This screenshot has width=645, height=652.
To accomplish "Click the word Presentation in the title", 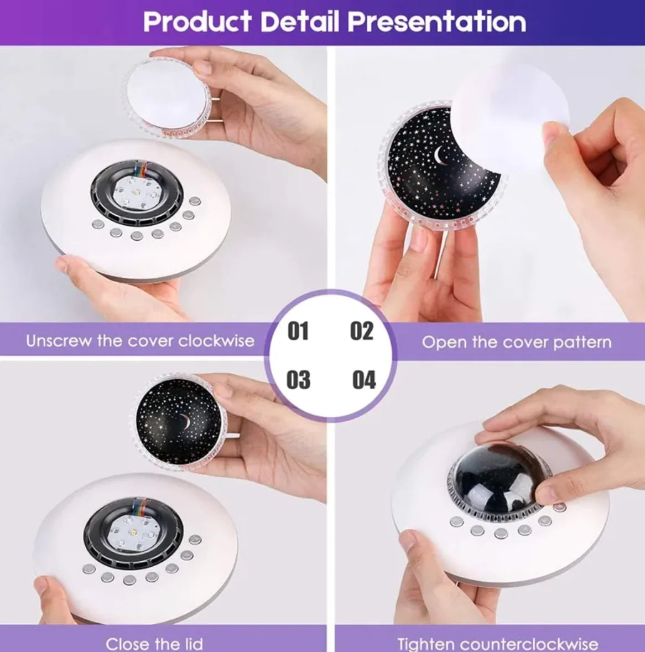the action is tap(437, 22).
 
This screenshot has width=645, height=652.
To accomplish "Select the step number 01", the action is tap(298, 332).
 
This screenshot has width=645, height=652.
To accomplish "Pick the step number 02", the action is tap(362, 331).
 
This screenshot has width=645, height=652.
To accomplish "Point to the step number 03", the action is tap(298, 380).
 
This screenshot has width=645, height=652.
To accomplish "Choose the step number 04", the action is tap(364, 380).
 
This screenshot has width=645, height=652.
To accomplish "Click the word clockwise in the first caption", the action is tap(216, 341).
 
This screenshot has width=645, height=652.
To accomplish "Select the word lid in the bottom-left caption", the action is tap(192, 644).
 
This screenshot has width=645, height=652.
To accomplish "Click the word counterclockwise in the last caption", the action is tap(529, 644).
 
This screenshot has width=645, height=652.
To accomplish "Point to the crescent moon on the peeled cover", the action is tap(440, 156).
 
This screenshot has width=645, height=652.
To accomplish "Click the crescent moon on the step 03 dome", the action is tap(185, 422).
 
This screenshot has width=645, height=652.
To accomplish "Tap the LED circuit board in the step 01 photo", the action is tap(137, 193).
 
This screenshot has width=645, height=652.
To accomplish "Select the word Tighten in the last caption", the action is tap(427, 644).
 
